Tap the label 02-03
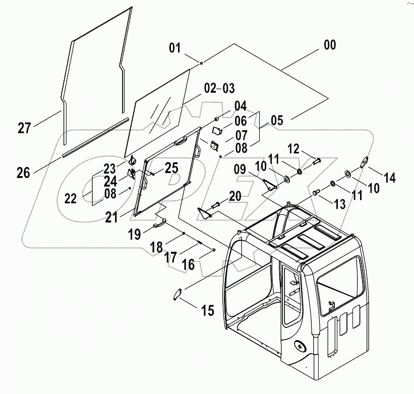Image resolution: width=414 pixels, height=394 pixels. pyautogui.click(x=219, y=88)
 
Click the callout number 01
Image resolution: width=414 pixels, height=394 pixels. pyautogui.click(x=174, y=49)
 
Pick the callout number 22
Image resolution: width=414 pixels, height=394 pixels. pyautogui.click(x=70, y=198)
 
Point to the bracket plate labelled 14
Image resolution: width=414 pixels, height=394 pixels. pyautogui.click(x=365, y=163)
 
